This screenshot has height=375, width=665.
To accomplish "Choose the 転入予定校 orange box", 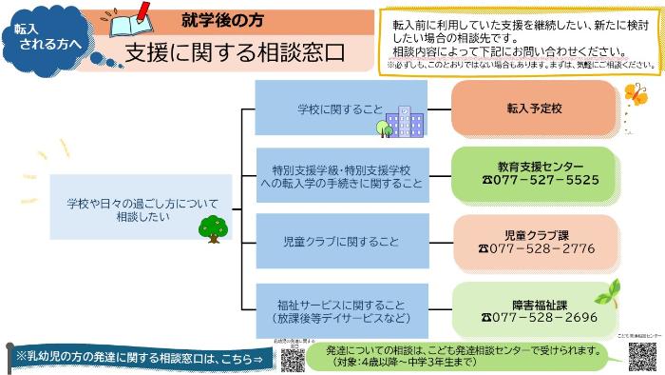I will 534,109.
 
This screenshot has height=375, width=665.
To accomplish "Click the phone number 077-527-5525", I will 541,180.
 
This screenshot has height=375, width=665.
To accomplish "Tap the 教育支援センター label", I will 541,166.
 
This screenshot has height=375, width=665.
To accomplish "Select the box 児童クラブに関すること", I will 342,242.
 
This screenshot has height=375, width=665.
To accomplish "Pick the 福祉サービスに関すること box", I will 342,310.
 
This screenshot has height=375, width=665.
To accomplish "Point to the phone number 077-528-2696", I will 540,317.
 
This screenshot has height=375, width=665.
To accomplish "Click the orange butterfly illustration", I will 634,96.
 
